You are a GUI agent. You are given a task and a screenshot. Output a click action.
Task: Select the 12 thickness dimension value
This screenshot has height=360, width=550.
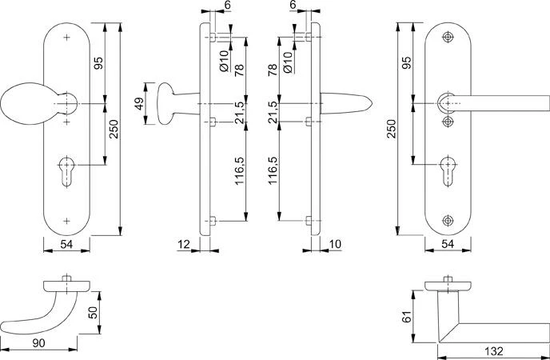click(x=184, y=243)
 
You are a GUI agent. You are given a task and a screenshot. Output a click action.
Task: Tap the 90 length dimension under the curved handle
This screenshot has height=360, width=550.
click(x=38, y=342)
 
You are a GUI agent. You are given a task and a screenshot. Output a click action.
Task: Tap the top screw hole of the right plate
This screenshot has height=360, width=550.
click(x=447, y=37)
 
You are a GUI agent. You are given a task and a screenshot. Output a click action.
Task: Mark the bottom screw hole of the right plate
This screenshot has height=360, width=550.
click(x=447, y=219)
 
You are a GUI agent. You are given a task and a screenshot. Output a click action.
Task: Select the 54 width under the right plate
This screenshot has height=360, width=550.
click(x=448, y=243)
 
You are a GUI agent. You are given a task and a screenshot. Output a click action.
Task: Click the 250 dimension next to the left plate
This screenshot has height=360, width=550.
click(x=114, y=128)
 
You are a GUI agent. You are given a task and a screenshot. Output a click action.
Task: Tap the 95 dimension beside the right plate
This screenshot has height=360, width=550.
click(x=406, y=62)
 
